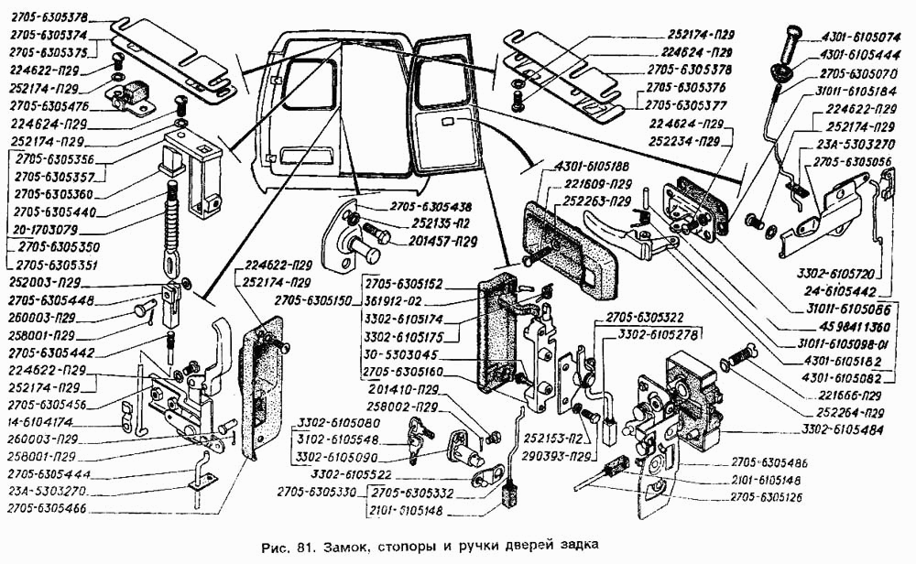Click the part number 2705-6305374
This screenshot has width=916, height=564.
tap(49, 34)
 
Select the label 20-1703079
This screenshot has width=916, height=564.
tap(50, 231)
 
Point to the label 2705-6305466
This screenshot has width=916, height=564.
tap(52, 506)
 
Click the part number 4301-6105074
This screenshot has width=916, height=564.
tap(861, 38)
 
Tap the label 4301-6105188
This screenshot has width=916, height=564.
tap(592, 168)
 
